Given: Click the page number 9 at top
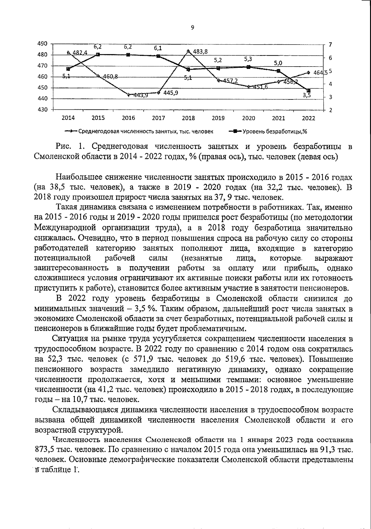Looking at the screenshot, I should coord(192,28).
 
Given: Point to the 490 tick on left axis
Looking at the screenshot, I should coord(42,44).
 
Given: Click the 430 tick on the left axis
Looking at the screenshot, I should coord(42,110).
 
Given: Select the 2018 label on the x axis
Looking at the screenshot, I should coord(188,118).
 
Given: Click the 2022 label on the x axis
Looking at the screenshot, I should coord(309,118).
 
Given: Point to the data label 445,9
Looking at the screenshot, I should coord(171,93).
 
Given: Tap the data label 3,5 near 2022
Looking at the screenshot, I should coord(307,96).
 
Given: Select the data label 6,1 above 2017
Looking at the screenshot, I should coord(158,48).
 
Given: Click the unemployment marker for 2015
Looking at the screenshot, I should coord(98,55).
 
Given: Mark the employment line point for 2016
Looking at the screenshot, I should coord(128,95).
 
